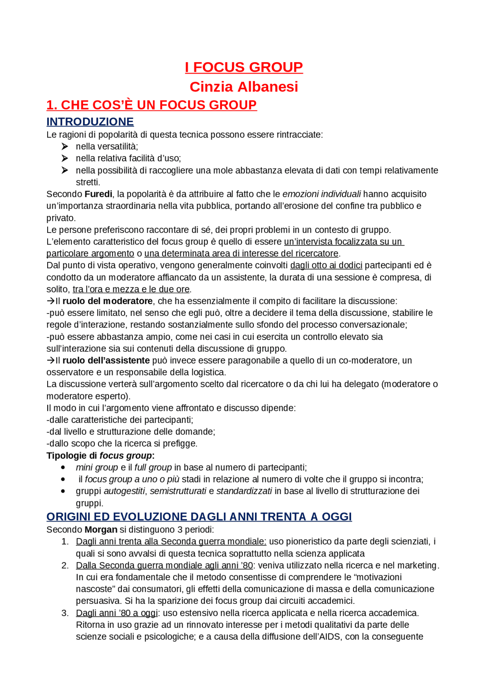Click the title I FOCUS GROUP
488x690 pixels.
pos(244,67)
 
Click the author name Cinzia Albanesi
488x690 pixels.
pos(244,87)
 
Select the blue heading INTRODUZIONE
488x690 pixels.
pos(90,122)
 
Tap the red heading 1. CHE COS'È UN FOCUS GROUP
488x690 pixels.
pos(151,105)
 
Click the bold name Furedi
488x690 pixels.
pos(98,194)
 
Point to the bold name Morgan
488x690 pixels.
pos(101,530)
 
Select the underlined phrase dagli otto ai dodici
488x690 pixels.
pos(326,265)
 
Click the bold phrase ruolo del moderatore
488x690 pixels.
pos(108,301)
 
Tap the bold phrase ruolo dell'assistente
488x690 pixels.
pos(106,360)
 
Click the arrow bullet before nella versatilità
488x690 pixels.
pos(64,146)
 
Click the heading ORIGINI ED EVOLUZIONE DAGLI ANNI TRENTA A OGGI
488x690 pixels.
pos(199,517)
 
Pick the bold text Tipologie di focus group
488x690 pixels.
pos(100,456)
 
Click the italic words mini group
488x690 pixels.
pos(97,467)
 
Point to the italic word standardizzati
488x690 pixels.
pos(244,491)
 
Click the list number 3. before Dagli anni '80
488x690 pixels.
pos(65,613)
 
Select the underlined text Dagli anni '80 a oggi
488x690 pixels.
pos(117,613)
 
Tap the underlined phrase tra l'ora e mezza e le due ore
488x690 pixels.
pos(131,289)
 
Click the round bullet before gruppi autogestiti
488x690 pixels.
pos(63,491)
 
